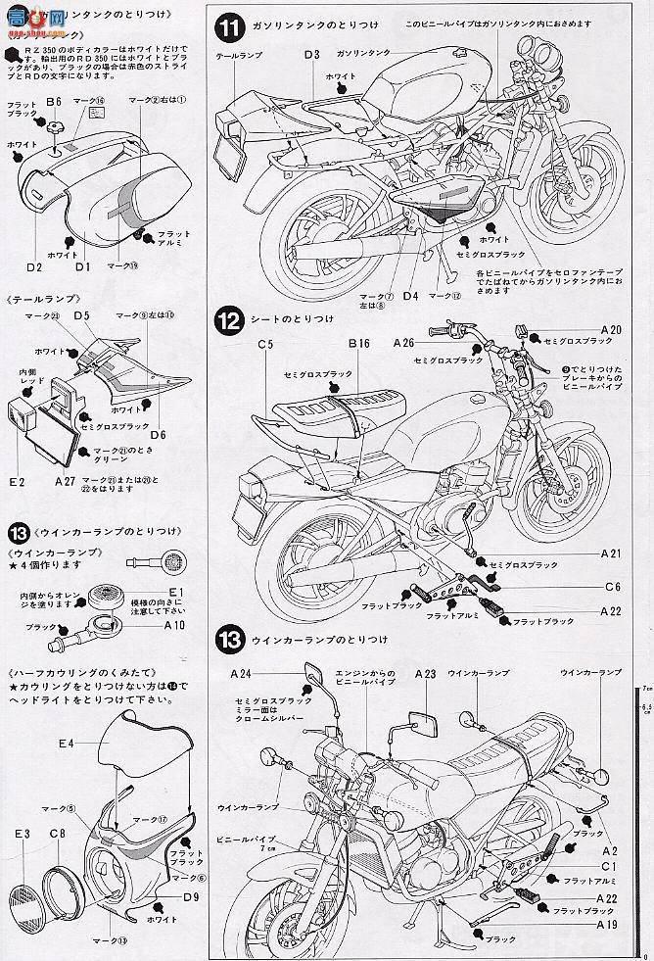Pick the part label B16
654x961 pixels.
pos(357,345)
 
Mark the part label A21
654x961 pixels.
pos(610,553)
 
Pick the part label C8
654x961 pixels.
pos(58,833)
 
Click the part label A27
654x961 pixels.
pos(66,481)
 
